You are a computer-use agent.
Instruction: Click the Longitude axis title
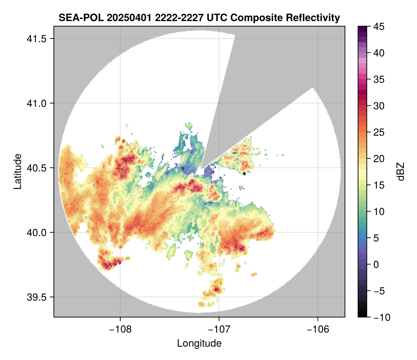199,343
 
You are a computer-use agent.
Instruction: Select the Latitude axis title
17,171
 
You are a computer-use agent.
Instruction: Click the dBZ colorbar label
401,171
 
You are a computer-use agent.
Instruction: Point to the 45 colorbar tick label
378,27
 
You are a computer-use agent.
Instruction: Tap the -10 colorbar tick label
380,317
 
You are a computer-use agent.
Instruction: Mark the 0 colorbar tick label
376,264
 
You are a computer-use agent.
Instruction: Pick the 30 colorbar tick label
378,106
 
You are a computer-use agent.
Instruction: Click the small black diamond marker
244,173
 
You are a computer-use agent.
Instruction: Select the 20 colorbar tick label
378,159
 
